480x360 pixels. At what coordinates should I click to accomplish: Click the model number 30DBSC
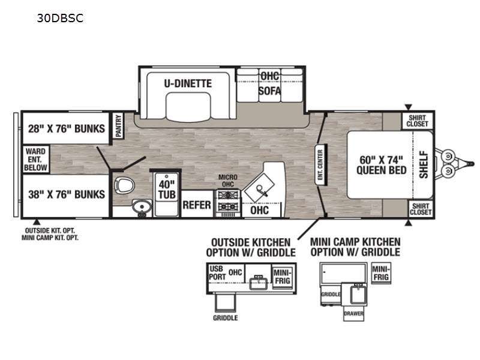tap(60, 18)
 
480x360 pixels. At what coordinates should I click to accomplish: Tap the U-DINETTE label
tap(188, 83)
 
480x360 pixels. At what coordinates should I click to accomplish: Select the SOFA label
tap(269, 91)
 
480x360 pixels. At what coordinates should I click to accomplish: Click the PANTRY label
tap(118, 125)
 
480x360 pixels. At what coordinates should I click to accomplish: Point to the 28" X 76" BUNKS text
tap(67, 128)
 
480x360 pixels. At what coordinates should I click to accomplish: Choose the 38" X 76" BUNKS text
tap(67, 194)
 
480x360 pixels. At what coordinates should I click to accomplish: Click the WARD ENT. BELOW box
tap(36, 160)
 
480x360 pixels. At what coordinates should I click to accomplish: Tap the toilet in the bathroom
tap(124, 185)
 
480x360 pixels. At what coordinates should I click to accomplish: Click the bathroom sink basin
tap(142, 206)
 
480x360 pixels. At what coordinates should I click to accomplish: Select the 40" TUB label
tap(167, 190)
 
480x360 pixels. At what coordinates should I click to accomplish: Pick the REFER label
tap(197, 205)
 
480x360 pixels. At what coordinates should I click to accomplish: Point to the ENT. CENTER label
tap(320, 164)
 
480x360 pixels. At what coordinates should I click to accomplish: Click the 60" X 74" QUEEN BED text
tap(381, 164)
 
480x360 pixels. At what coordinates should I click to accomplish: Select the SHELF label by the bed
tap(424, 164)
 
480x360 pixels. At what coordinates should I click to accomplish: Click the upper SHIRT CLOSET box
tap(417, 121)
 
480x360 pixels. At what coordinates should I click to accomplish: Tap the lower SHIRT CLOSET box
tap(421, 209)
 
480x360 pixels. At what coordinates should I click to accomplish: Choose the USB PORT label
tap(217, 273)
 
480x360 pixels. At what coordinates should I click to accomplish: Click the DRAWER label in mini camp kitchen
tap(353, 313)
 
